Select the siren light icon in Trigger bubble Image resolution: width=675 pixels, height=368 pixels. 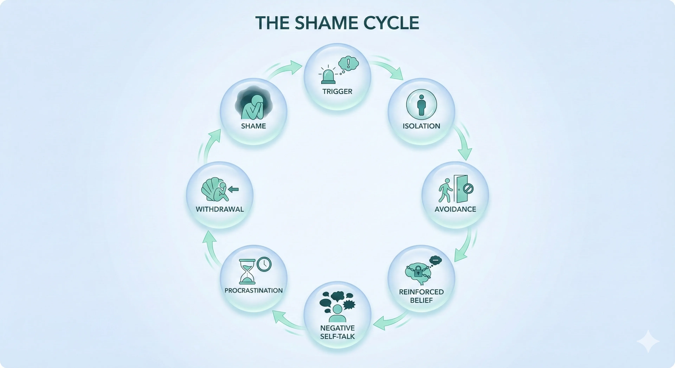pyautogui.click(x=328, y=76)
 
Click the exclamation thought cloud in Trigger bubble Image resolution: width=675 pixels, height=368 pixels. pyautogui.click(x=348, y=63)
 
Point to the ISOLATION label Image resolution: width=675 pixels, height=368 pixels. pyautogui.click(x=421, y=126)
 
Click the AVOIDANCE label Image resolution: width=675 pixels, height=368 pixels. pyautogui.click(x=455, y=209)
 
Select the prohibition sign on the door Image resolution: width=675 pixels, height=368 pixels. pyautogui.click(x=468, y=188)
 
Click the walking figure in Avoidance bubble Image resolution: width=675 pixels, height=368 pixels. pyautogui.click(x=445, y=190)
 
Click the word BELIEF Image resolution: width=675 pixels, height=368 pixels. pyautogui.click(x=421, y=300)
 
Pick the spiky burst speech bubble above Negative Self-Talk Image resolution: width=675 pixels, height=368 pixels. pyautogui.click(x=349, y=305)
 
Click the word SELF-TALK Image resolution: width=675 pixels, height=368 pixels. pyautogui.click(x=337, y=337)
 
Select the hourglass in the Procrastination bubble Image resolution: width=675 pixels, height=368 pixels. pyautogui.click(x=247, y=272)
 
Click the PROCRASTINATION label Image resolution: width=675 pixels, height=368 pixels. pyautogui.click(x=253, y=291)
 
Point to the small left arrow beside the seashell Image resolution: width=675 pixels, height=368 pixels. pyautogui.click(x=233, y=189)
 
